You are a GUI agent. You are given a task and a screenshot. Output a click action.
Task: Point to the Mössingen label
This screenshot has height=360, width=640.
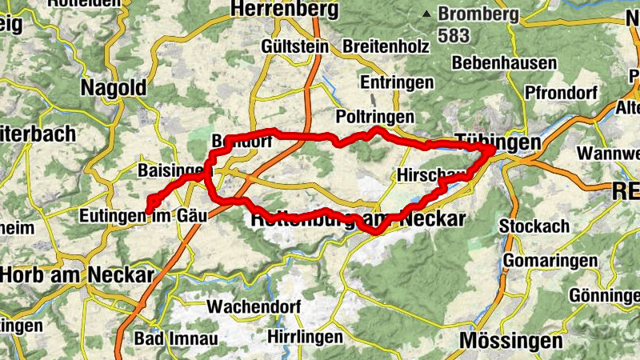click(x=510, y=341)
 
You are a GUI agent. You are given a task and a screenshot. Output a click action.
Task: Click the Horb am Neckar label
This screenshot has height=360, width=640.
click(x=76, y=275)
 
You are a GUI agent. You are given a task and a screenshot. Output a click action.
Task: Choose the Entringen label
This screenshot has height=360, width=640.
click(x=397, y=82)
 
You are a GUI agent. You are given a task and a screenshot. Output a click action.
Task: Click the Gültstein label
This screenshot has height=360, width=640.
click(x=294, y=46)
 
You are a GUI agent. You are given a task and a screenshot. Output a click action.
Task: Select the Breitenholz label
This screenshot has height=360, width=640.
click(x=381, y=46)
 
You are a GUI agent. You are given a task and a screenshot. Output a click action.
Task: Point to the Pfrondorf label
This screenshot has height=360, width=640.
click(x=562, y=92)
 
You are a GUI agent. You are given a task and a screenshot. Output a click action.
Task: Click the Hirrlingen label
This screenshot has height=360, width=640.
click(x=305, y=337)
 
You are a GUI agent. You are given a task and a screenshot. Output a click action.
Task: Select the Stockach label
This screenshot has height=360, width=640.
click(x=534, y=226)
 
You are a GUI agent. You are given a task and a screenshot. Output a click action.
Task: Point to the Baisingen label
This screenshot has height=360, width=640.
click(x=169, y=170)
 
